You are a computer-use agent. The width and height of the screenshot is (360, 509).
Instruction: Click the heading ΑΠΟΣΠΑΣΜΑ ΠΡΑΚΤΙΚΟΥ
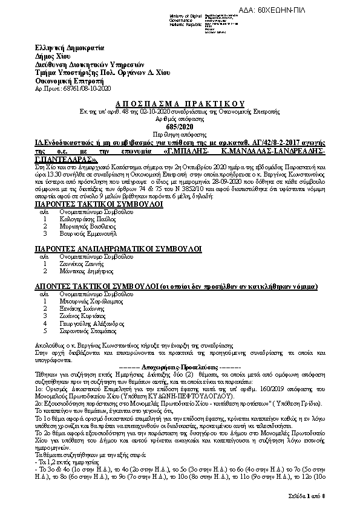[x=180, y=104]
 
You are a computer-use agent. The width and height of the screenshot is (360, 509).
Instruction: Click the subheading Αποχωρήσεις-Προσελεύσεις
[x=180, y=368]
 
